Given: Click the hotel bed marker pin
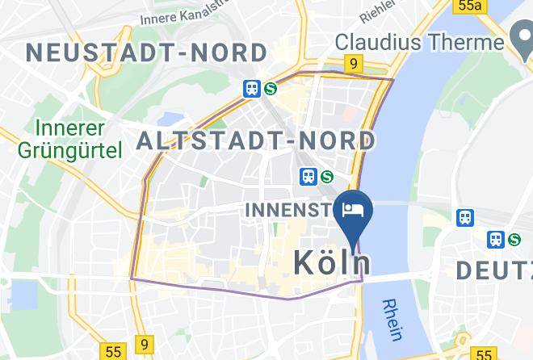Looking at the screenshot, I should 353,211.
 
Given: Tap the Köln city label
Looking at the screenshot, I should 332,263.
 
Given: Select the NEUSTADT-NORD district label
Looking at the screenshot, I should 146,53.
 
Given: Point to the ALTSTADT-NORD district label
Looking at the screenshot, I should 256,141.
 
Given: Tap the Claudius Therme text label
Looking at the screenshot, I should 419,40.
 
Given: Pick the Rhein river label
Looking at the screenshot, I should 393,319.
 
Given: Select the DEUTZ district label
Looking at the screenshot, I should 494,270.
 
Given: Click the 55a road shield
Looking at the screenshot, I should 469,6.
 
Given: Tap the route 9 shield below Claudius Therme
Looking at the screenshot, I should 352,63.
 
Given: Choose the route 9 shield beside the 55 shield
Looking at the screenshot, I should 144,345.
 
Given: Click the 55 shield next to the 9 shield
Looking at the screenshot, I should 113,351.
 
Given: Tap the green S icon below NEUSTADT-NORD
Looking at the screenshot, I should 270,89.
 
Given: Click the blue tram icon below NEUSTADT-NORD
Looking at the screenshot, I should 252,89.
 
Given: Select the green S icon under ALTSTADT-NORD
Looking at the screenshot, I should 326,176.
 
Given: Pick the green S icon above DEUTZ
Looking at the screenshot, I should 514,239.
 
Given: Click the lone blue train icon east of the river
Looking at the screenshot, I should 465,217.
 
